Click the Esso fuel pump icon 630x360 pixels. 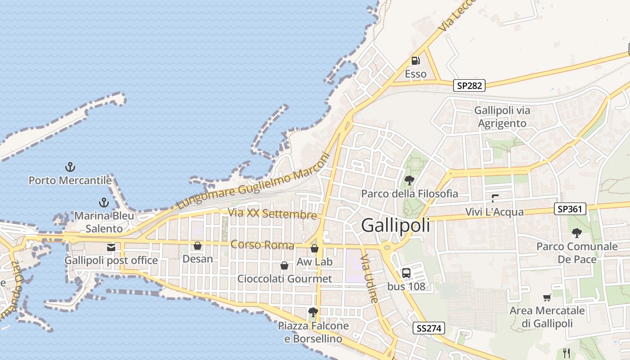416,61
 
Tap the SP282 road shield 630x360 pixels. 469,85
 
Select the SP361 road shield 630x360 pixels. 570,208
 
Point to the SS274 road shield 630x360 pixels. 428,328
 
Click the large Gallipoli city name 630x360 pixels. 395,225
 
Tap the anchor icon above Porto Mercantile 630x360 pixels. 70,167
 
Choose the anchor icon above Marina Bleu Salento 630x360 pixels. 104,202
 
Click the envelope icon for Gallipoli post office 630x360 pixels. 111,247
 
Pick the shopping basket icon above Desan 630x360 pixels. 197,246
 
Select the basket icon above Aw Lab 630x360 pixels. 315,248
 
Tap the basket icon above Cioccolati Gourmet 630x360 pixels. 284,265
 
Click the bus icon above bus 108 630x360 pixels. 406,273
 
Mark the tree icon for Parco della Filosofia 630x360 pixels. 409,180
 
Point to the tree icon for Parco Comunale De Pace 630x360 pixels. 576,233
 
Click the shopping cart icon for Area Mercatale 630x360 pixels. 547,297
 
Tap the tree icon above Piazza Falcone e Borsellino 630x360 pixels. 313,312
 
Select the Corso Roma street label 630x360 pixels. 262,245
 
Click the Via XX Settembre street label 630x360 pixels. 272,214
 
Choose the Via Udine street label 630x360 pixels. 370,279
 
